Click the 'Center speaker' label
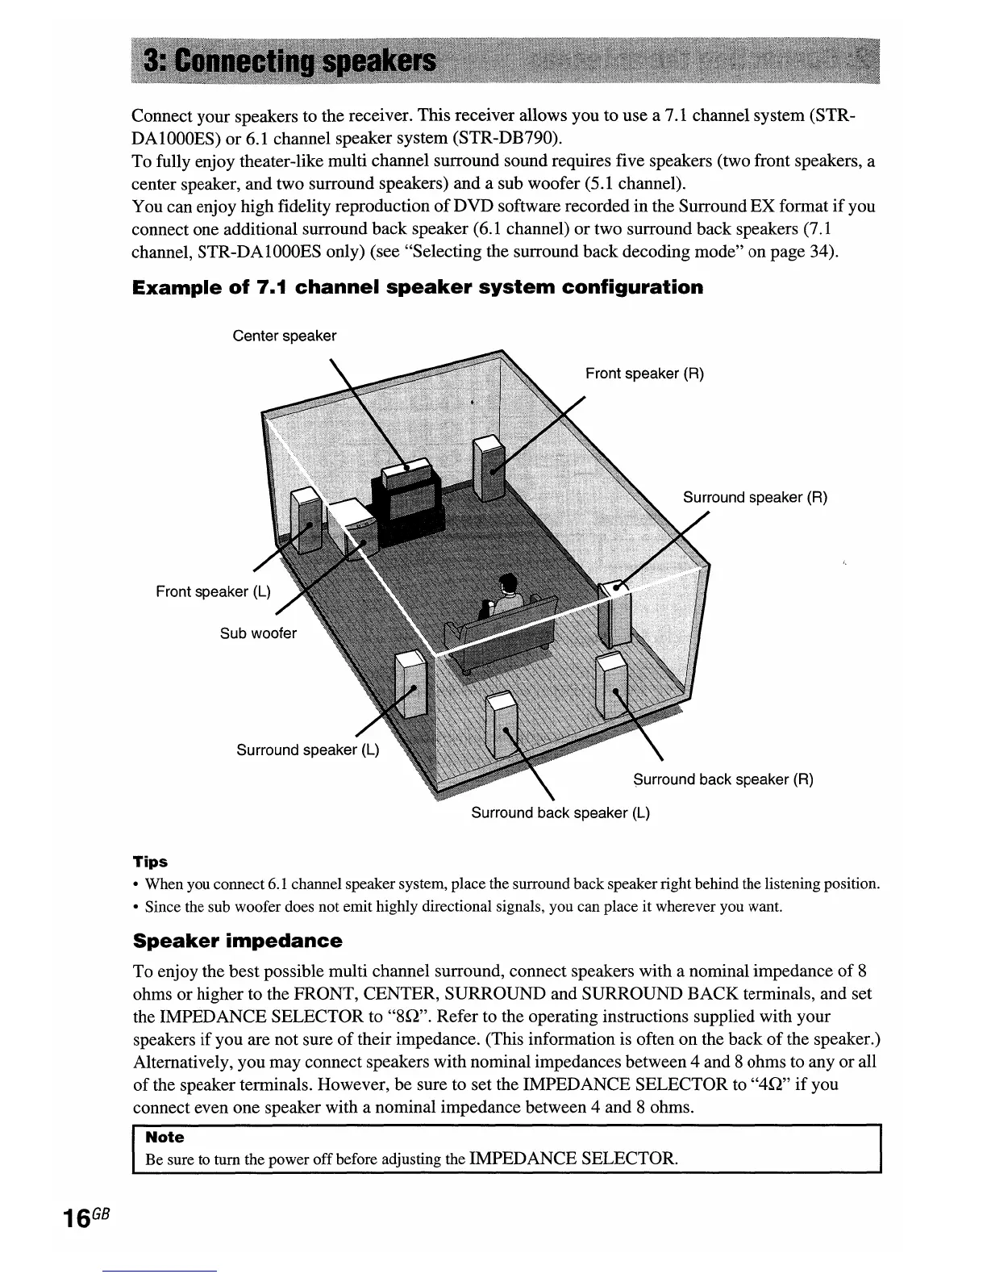point(284,336)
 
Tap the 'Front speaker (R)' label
point(644,374)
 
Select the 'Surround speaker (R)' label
point(755,497)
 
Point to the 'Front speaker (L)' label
point(213,591)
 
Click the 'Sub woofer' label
point(258,633)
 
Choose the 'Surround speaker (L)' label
point(307,750)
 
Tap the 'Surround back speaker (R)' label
point(723,779)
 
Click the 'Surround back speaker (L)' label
point(560,812)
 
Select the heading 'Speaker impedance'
point(237,942)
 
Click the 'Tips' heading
point(151,862)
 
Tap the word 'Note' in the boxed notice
point(164,1137)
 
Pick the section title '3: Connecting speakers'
point(289,63)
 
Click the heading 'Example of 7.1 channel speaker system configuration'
point(418,288)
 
